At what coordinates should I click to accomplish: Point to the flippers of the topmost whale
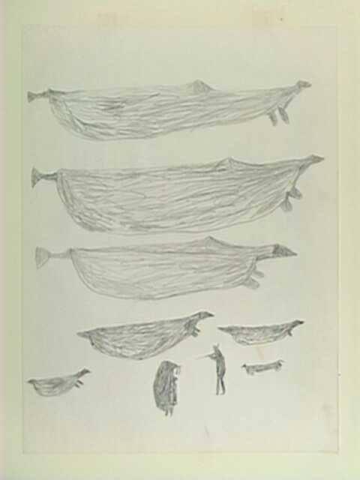(x=279, y=115)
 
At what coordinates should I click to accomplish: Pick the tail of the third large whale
(x=42, y=257)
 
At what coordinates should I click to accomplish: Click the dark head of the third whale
(x=283, y=250)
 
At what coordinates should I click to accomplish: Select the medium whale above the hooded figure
(x=142, y=336)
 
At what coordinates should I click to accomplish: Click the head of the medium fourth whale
(x=201, y=317)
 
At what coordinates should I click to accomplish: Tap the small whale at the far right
(x=262, y=331)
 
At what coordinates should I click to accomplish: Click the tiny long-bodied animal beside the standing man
(x=262, y=367)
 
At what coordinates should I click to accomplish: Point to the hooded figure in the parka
(x=167, y=386)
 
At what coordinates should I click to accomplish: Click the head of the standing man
(x=217, y=349)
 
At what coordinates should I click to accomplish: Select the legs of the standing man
(x=220, y=384)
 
